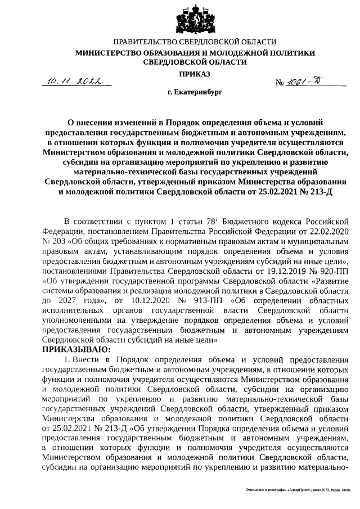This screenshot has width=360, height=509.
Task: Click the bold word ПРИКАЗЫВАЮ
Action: (x=75, y=349)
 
